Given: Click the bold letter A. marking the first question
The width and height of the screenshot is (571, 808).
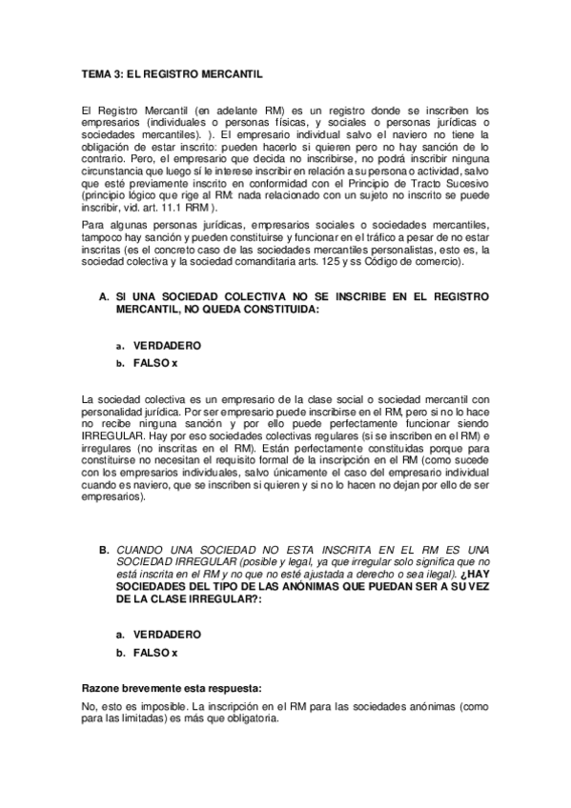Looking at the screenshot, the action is (x=105, y=296).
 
